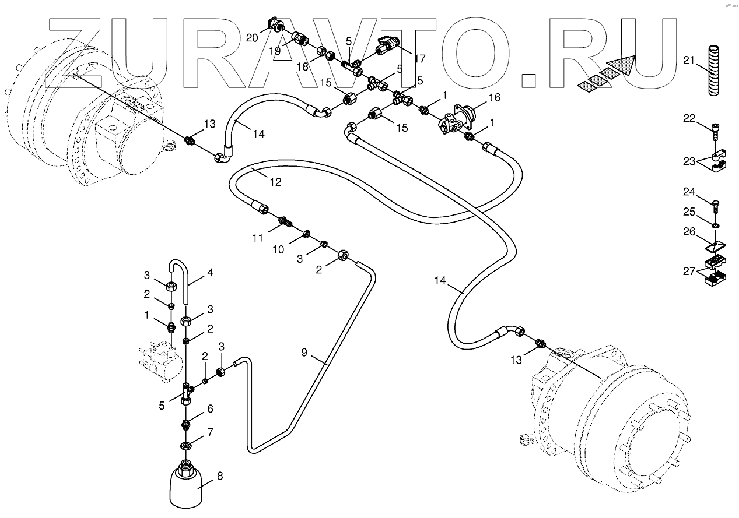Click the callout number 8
coord(220,475)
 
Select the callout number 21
coord(689,60)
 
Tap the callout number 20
coord(252,38)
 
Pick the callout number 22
coord(689,118)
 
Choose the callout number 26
coord(689,232)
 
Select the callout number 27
coord(689,271)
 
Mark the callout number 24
coord(689,191)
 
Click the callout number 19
coord(274,51)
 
